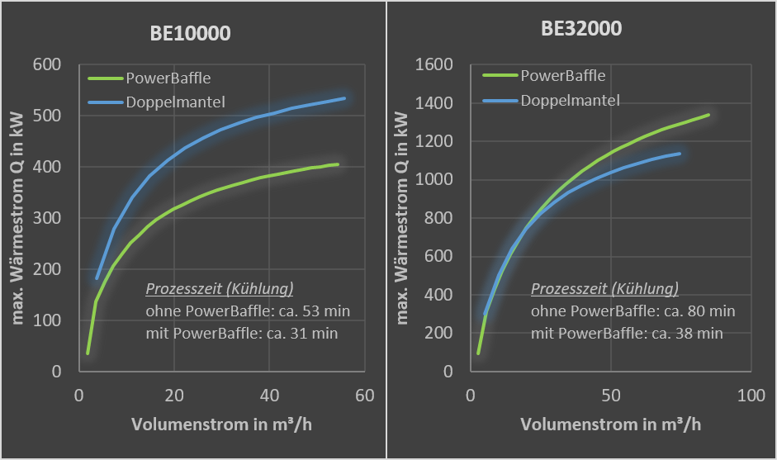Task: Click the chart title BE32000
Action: click(x=581, y=29)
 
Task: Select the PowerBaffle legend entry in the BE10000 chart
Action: click(x=168, y=78)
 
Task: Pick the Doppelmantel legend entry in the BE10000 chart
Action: click(x=176, y=102)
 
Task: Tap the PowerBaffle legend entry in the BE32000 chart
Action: click(x=562, y=76)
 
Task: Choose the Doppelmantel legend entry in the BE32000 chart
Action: click(x=571, y=101)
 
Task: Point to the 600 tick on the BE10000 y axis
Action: click(x=49, y=64)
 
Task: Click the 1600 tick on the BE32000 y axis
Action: click(x=434, y=64)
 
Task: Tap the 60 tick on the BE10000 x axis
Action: click(x=365, y=396)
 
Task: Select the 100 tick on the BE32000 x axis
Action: click(x=751, y=396)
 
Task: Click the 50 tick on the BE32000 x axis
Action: click(x=610, y=396)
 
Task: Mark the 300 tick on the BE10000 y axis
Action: click(x=49, y=218)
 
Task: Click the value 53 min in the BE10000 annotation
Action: click(x=328, y=311)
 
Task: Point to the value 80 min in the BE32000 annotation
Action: click(x=713, y=311)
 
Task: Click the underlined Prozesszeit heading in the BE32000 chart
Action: click(x=604, y=289)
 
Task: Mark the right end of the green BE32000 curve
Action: click(x=708, y=115)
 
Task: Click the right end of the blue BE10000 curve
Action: click(x=344, y=98)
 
